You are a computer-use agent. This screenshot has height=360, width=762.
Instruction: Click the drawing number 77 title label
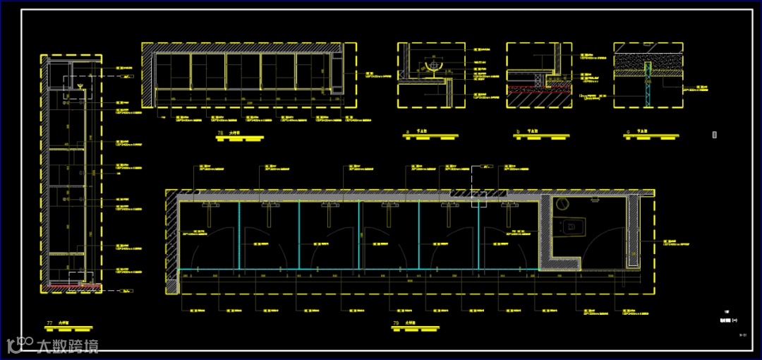point(49,323)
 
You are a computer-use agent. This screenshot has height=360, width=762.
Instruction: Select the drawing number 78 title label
point(221,132)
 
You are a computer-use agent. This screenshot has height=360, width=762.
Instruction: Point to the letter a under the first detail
point(409,132)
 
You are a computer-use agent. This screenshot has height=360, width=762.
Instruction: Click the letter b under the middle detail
point(518,132)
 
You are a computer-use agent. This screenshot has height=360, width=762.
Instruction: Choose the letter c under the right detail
point(627,132)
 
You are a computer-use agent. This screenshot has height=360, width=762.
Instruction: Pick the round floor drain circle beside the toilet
point(562,204)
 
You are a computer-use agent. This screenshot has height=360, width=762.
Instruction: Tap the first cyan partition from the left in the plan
point(239,236)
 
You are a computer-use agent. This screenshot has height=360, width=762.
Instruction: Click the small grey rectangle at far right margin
point(715,134)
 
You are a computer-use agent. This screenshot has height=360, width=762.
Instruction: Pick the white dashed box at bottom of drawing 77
point(80,277)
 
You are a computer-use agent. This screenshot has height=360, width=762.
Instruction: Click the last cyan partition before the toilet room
point(479,236)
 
